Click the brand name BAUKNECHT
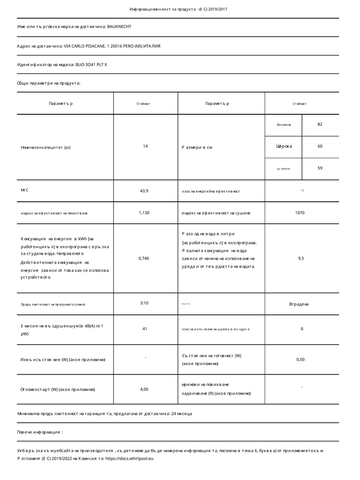119,27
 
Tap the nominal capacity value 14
145,146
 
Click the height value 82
320,124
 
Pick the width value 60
320,146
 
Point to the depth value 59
320,168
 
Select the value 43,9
145,191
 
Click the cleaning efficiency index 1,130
144,213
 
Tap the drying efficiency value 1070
300,213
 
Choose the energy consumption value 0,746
144,258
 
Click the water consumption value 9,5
301,258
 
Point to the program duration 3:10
145,303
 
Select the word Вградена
299,304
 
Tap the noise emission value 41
145,329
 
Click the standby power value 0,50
301,359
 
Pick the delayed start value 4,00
144,389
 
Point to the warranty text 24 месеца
182,414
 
